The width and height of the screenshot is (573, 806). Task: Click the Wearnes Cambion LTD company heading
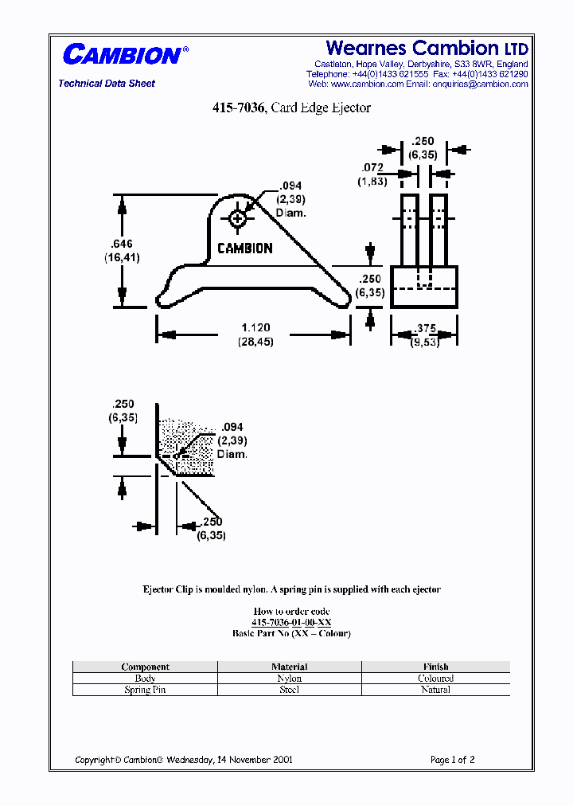tap(427, 48)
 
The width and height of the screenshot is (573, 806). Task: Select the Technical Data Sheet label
tap(107, 84)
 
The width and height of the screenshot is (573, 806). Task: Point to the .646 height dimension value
tap(119, 244)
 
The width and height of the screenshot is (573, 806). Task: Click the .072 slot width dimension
tap(372, 168)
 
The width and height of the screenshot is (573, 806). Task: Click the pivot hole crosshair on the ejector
tap(237, 218)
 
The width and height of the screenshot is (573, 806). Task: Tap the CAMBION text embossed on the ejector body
tap(245, 248)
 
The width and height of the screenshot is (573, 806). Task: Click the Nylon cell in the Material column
tap(290, 679)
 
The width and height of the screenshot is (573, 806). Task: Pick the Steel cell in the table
tap(290, 690)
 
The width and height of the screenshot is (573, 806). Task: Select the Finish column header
tap(435, 667)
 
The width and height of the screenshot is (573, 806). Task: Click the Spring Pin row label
tap(145, 690)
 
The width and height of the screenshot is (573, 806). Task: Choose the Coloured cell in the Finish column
tap(435, 679)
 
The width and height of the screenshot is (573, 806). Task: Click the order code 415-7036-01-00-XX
tap(291, 622)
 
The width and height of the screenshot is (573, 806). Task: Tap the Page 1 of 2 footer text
tap(452, 760)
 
